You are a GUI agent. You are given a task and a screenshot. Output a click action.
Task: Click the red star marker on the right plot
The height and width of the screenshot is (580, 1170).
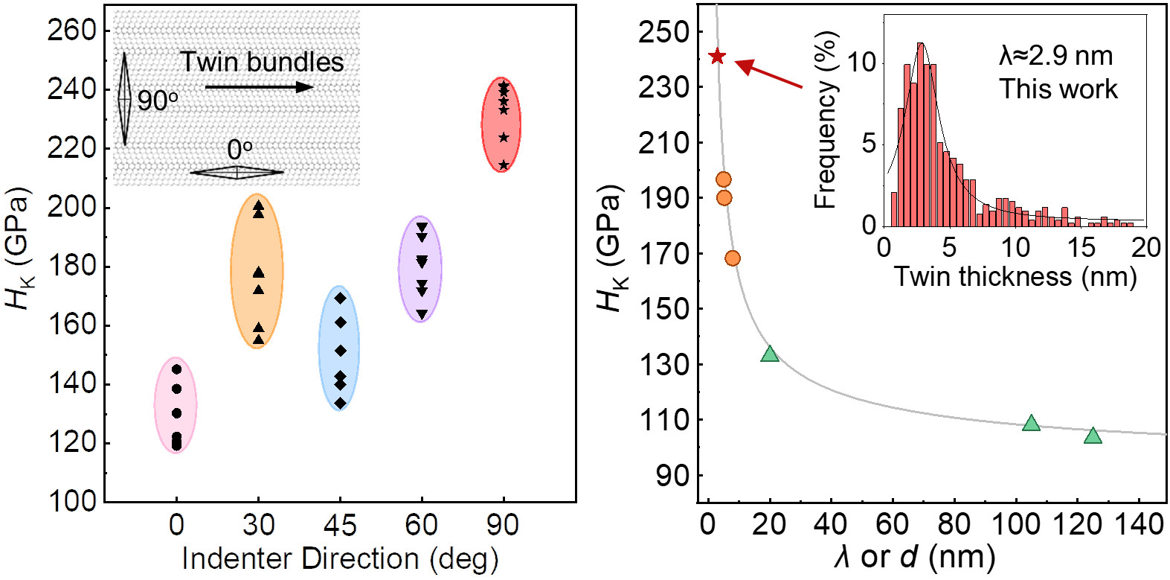click(x=717, y=57)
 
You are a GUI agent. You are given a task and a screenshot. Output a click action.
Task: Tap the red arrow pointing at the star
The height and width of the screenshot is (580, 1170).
click(x=769, y=74)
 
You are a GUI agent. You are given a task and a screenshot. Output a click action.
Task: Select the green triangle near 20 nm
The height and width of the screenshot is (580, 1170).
click(x=770, y=354)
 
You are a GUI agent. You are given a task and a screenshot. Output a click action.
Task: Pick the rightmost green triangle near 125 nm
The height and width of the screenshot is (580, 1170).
click(x=1092, y=436)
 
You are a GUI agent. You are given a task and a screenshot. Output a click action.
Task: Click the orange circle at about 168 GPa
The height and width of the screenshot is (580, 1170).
click(x=732, y=258)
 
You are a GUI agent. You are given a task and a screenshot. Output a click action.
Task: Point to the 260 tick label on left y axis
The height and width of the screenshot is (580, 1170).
click(x=72, y=31)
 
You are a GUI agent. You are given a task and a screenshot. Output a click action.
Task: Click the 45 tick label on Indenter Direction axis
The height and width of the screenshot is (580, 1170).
click(x=340, y=526)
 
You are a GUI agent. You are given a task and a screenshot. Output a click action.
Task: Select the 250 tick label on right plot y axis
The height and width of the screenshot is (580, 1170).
click(x=663, y=32)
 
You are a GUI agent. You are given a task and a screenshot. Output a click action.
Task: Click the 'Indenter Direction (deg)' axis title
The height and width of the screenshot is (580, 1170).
click(x=340, y=559)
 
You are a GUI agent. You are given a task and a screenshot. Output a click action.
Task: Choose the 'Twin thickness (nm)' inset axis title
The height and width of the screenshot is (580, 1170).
click(x=1015, y=276)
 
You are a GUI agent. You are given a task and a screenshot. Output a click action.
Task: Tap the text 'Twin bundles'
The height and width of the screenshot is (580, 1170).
click(x=262, y=62)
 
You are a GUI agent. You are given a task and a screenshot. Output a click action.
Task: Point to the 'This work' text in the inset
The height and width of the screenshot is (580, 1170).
click(x=1058, y=89)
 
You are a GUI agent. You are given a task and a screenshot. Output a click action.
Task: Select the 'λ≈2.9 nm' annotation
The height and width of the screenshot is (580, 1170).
click(x=1055, y=56)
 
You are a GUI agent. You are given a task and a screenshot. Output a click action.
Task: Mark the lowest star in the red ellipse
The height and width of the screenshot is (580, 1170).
click(x=504, y=165)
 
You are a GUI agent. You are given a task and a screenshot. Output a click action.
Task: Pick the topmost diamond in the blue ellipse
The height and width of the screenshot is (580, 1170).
click(x=340, y=299)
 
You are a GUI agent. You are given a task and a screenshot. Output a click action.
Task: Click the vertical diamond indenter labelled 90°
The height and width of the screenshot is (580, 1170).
click(x=124, y=98)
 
